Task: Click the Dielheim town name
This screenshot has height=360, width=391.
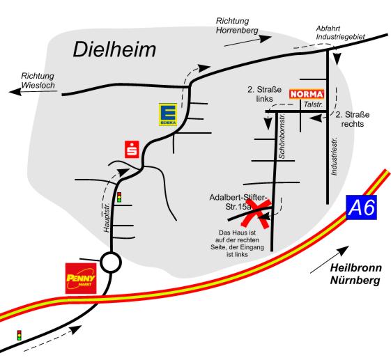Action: pos(114,49)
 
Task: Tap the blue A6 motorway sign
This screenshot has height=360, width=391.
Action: pos(361,208)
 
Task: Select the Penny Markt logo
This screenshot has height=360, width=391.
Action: pos(81,279)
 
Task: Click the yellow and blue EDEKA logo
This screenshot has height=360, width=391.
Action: pos(168,114)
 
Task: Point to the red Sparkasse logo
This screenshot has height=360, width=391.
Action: pos(132,150)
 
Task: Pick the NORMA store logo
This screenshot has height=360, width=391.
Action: pos(307,94)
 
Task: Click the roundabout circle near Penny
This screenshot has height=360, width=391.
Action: pos(111,262)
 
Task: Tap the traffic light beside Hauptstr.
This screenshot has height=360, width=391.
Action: pos(119,197)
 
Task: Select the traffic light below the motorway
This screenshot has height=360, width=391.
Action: pos(20,336)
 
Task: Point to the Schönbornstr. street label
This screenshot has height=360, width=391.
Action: pos(282,136)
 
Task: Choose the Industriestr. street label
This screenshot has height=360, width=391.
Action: pos(334,156)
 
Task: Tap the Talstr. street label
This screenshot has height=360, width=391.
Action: pos(313,104)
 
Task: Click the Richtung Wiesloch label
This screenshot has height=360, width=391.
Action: pos(38,80)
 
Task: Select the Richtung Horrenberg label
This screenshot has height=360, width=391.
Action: pos(237,25)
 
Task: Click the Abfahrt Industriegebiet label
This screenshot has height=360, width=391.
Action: pos(340,33)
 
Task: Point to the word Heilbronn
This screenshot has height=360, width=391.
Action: pos(356,268)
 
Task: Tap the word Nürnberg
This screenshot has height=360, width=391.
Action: pos(355,280)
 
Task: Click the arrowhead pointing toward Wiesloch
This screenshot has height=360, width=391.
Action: pos(15,92)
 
